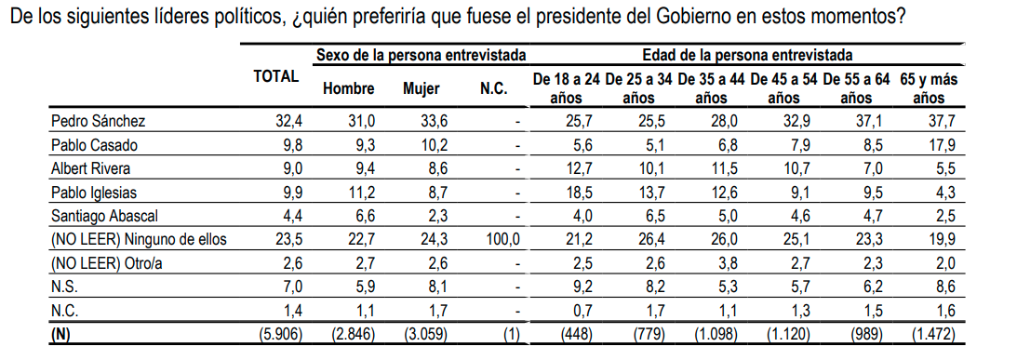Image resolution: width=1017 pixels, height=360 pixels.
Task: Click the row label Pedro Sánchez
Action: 99,121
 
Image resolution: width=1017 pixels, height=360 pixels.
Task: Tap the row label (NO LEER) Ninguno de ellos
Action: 140,240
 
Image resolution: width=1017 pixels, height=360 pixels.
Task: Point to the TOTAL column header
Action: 276,78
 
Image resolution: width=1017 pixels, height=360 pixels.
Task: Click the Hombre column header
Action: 348,89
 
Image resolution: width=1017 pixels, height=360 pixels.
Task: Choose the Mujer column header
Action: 421,89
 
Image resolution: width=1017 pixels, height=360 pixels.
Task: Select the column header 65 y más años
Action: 929,88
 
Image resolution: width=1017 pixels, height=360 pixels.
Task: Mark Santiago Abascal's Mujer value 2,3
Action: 434,217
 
